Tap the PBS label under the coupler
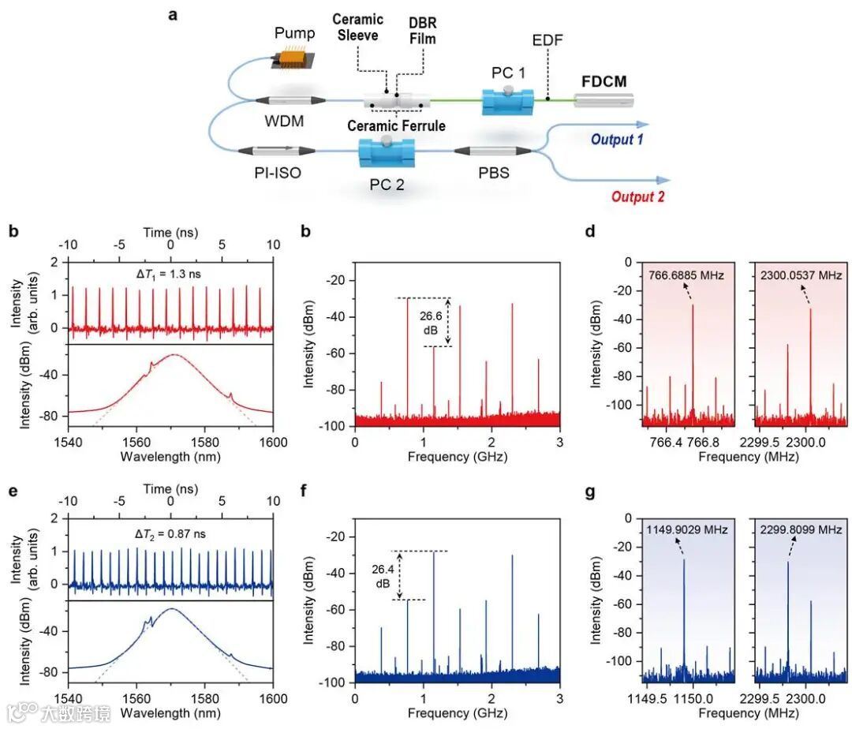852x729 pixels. pyautogui.click(x=492, y=173)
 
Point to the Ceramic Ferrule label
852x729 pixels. pyautogui.click(x=400, y=125)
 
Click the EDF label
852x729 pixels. pyautogui.click(x=547, y=40)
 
